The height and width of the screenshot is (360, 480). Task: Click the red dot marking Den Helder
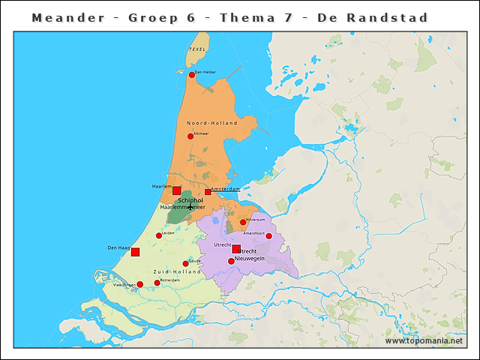tap(191, 75)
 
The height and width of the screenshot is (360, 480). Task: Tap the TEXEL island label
tap(197, 49)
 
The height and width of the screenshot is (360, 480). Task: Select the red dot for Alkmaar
tap(190, 136)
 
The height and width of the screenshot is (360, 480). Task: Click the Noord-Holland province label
tap(211, 123)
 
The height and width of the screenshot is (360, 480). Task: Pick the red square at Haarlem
tap(177, 190)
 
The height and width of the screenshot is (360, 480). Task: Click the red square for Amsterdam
tap(208, 192)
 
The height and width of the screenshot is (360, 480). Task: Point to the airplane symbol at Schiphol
tap(190, 206)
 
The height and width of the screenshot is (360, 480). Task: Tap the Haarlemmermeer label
tap(182, 207)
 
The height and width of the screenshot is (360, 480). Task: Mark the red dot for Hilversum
tap(243, 222)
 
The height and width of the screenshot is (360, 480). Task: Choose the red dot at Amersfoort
tap(269, 236)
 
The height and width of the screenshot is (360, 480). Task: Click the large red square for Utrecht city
tap(236, 249)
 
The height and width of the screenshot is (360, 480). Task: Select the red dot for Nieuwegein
tap(231, 261)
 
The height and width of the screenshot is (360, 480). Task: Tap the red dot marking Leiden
tap(159, 235)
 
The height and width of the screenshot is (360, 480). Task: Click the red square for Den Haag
tap(135, 252)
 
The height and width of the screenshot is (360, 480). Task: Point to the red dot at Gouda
tap(185, 263)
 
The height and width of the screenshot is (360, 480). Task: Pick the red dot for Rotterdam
tap(157, 283)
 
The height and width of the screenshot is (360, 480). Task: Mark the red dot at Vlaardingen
tap(139, 284)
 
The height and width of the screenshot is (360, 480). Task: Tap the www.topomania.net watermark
tap(424, 340)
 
